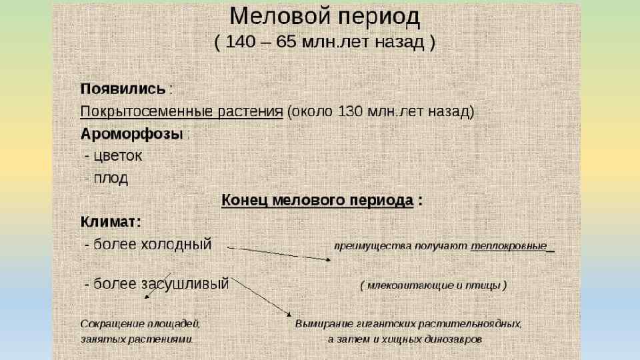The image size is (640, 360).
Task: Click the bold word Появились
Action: point(123,89)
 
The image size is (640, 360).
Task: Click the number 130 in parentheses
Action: point(351,111)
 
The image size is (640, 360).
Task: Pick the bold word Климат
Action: point(109,221)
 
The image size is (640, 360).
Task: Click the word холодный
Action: point(177,244)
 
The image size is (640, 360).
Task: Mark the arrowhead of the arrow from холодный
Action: point(329,259)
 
